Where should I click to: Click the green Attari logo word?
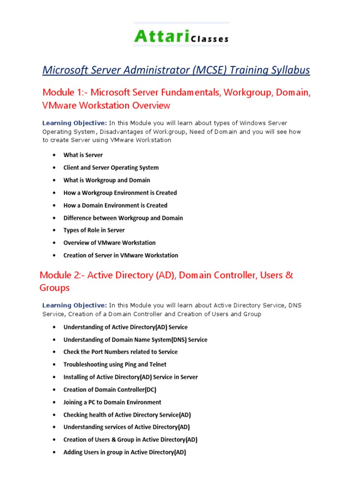[x=157, y=36]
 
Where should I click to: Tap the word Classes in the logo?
[x=210, y=39]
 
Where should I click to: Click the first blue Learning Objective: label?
[x=75, y=123]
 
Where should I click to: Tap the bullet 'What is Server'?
[x=83, y=155]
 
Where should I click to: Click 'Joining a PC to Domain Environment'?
[x=112, y=402]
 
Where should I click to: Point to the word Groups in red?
[x=55, y=288]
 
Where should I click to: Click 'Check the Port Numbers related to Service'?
[x=120, y=352]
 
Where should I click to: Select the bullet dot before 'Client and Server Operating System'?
[x=55, y=168]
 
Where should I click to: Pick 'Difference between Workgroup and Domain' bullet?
[x=123, y=218]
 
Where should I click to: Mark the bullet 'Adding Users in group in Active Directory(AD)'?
[x=125, y=452]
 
